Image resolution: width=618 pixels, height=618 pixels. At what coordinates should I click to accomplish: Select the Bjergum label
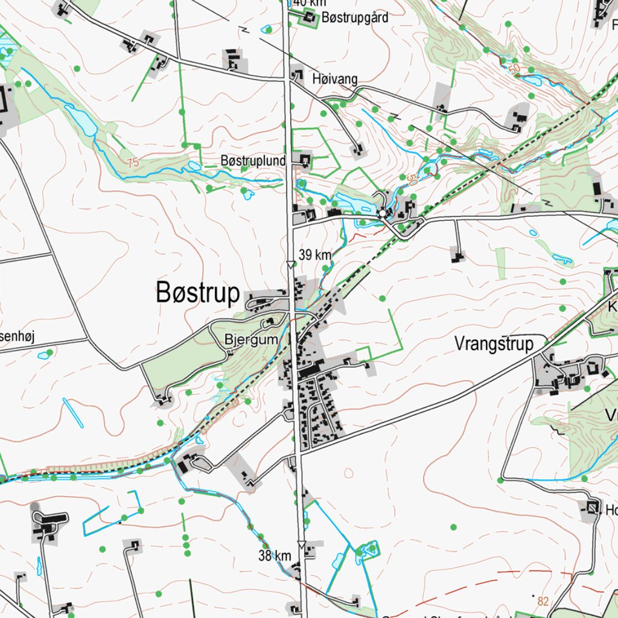[251, 340]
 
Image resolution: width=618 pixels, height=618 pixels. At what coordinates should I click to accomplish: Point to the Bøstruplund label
[253, 161]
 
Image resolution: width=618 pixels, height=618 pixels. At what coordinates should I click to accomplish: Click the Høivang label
[335, 79]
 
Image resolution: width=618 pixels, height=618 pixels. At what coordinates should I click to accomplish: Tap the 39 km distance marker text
[315, 255]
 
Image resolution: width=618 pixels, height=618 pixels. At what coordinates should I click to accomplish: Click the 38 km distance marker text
[275, 556]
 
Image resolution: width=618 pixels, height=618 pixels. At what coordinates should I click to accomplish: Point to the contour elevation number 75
[133, 162]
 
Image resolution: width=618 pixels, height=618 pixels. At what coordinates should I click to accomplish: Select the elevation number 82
[543, 601]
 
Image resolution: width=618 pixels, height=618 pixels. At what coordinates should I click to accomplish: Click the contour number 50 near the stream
[412, 179]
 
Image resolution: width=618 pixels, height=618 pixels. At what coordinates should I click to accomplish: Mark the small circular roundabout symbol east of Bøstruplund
[382, 213]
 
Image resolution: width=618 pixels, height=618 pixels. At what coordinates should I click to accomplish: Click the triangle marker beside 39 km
[290, 264]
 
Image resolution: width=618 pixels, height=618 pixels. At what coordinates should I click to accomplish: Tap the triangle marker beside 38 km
[301, 544]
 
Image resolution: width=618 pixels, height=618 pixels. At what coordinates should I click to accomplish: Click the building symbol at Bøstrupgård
[310, 19]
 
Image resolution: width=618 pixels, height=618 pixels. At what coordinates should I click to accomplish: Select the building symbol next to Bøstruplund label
[305, 160]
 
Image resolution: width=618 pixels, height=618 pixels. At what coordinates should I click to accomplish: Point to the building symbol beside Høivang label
[297, 75]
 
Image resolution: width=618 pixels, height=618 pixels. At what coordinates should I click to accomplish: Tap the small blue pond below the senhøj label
[43, 355]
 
